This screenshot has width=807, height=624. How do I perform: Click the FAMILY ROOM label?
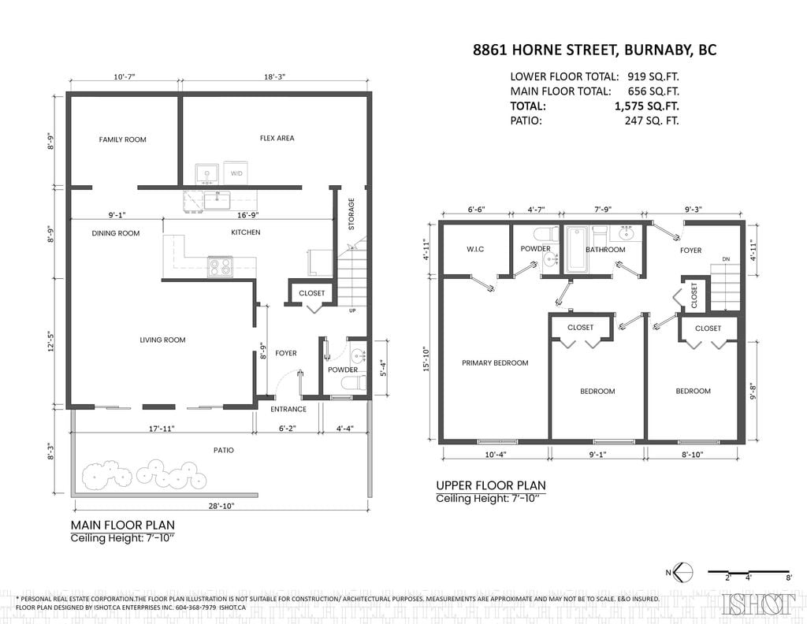[122, 139]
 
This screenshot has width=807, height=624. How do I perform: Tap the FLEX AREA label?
[277, 138]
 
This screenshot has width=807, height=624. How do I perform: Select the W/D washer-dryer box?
[236, 173]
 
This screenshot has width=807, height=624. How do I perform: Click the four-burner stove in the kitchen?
[221, 266]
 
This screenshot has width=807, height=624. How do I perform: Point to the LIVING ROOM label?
[162, 340]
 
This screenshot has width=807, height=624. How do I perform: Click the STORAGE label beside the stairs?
[351, 214]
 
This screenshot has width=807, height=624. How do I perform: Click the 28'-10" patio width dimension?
[221, 506]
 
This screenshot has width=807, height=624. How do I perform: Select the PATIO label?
[223, 450]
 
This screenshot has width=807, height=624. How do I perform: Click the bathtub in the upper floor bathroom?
[576, 250]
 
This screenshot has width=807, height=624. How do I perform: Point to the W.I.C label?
[475, 249]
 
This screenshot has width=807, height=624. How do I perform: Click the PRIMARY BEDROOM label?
[495, 362]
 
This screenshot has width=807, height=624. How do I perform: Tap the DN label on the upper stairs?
[726, 259]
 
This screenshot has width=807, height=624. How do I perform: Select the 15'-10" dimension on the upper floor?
[426, 359]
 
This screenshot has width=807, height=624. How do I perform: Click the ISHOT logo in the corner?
[759, 604]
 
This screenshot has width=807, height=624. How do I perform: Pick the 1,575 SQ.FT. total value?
[646, 106]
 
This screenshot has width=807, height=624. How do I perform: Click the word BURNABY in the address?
[657, 50]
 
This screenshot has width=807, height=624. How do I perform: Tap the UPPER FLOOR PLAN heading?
[491, 485]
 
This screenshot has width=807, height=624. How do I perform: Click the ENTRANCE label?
[288, 409]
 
